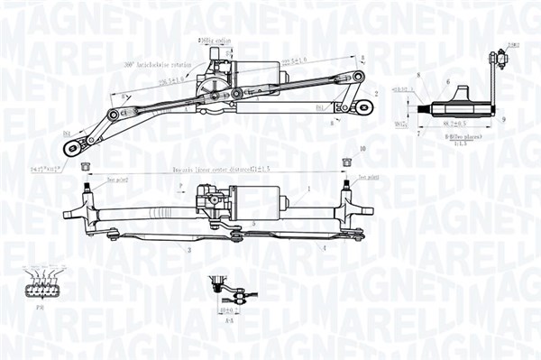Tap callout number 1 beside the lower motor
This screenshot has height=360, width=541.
pyautogui.click(x=308, y=189)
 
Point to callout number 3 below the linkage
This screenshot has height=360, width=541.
pyautogui.click(x=189, y=249)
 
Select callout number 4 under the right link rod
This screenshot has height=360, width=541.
pyautogui.click(x=325, y=246)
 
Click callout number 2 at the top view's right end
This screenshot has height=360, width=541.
pyautogui.click(x=375, y=94)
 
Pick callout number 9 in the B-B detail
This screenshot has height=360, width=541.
pyautogui.click(x=503, y=119)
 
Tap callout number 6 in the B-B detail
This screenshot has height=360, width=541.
pyautogui.click(x=447, y=81)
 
